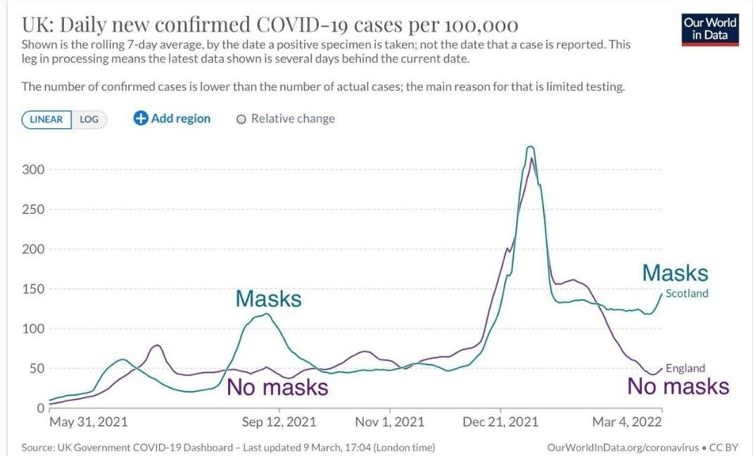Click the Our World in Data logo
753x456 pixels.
click(x=710, y=28)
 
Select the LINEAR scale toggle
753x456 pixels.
click(x=46, y=120)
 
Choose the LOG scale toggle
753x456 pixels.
click(x=89, y=120)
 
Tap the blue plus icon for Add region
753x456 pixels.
click(x=141, y=118)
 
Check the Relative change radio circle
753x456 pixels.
click(x=241, y=120)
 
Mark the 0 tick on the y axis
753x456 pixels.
click(x=40, y=408)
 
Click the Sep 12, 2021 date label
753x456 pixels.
click(x=279, y=422)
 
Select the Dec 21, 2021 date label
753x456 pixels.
click(x=500, y=422)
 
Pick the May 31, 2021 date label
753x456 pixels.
click(x=88, y=422)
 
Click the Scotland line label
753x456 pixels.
click(x=687, y=293)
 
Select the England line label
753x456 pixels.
click(x=685, y=368)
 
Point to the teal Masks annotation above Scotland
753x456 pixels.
click(x=675, y=273)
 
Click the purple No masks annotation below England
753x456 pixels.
click(x=678, y=386)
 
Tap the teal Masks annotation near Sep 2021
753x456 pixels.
click(x=268, y=298)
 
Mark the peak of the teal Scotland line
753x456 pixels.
click(x=530, y=146)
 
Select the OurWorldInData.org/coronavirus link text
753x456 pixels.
click(x=622, y=448)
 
